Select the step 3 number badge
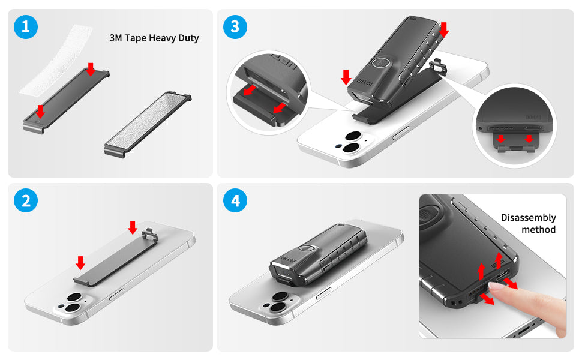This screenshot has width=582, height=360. [235, 27]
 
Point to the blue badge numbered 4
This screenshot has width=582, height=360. [235, 201]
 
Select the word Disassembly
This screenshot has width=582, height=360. [528, 218]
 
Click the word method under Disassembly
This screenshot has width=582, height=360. [538, 230]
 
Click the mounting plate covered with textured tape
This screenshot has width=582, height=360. [146, 123]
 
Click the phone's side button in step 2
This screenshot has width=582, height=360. [116, 293]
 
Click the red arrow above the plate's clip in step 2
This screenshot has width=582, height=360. [133, 227]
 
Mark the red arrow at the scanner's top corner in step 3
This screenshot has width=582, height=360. [443, 28]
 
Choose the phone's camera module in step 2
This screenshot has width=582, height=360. [72, 304]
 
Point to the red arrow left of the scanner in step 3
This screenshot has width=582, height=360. [346, 77]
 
